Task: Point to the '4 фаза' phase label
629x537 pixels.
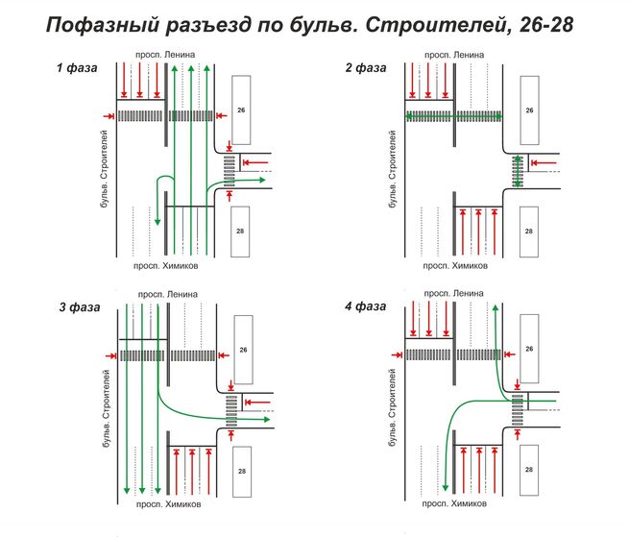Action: pos(364,306)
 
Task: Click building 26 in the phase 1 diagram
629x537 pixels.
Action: pos(242,110)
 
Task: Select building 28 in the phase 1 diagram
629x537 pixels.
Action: pos(242,232)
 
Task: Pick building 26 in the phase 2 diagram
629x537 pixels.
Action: pos(529,110)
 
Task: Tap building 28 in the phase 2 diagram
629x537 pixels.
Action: pos(529,232)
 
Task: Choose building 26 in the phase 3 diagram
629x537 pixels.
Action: pos(242,350)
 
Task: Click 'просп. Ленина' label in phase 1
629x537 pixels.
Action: pos(167,54)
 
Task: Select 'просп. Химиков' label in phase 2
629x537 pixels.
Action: pos(455,265)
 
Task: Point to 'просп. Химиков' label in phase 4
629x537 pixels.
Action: pos(455,504)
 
